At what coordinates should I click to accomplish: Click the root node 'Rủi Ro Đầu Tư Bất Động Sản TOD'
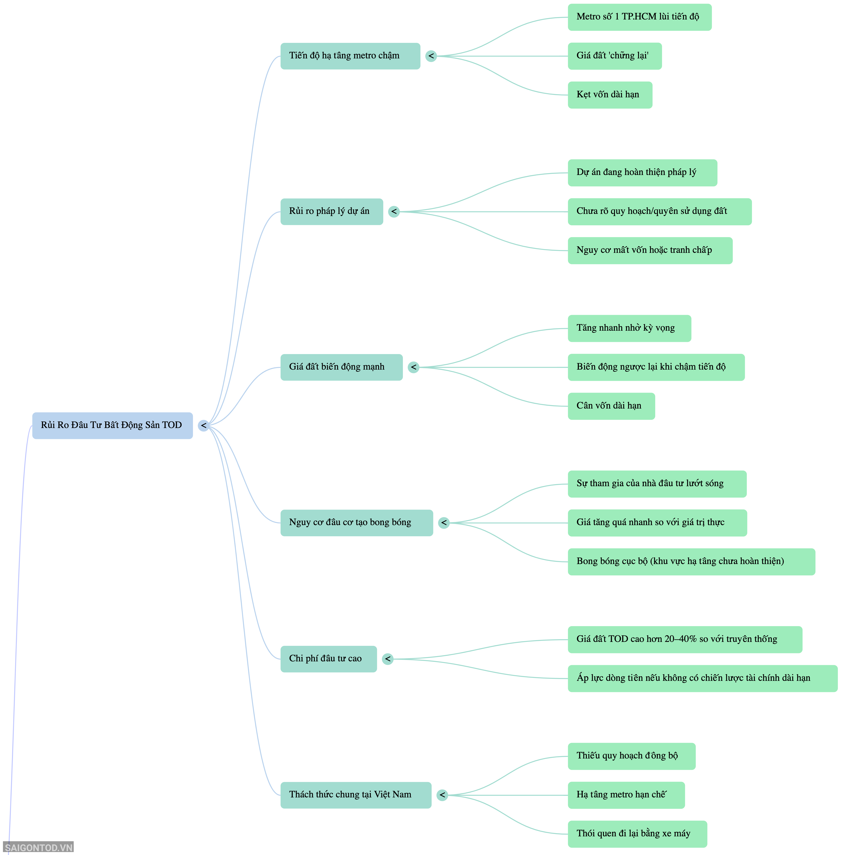coord(112,425)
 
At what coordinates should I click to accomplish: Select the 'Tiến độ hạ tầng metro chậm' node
coord(350,56)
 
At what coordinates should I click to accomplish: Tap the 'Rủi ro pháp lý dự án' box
coord(332,212)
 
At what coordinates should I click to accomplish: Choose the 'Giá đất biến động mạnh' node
coord(341,367)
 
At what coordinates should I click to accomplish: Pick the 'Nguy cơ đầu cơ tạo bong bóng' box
coord(357,523)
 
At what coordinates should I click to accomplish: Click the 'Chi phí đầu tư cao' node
coord(328,659)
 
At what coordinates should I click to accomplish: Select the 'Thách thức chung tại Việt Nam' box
coord(356,795)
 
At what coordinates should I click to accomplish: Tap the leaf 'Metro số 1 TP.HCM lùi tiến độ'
coord(639,17)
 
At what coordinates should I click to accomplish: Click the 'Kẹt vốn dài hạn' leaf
coord(610,95)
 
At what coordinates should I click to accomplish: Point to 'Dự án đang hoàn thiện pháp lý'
coord(642,173)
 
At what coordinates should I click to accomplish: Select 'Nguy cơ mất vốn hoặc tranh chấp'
coord(650,250)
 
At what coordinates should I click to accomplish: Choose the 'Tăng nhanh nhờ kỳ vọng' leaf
coord(629,329)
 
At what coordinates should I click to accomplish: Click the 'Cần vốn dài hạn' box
coord(611,406)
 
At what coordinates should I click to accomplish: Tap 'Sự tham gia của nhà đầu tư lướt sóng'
coord(657,484)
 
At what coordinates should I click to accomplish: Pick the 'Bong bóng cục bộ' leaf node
coord(691,561)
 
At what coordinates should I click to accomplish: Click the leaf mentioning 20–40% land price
coord(685,640)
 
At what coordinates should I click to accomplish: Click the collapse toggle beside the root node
coord(203,425)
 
